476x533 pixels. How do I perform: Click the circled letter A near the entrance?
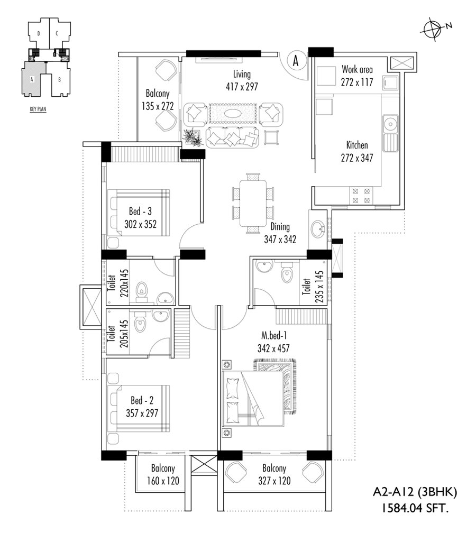(x=296, y=61)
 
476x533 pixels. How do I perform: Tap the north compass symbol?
(x=435, y=30)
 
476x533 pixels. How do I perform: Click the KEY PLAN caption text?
(x=38, y=109)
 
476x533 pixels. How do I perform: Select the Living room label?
(x=242, y=74)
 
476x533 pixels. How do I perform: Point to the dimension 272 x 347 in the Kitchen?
(x=357, y=158)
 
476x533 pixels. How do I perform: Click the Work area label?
(x=357, y=69)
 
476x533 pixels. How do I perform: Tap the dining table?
(x=253, y=203)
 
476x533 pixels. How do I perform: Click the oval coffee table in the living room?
(x=233, y=114)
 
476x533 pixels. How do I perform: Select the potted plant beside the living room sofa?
(x=193, y=137)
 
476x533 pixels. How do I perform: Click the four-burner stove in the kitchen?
(x=361, y=196)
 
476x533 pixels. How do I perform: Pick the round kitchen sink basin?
(x=390, y=122)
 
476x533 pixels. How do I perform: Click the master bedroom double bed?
(x=253, y=398)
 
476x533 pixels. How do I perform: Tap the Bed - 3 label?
(x=140, y=211)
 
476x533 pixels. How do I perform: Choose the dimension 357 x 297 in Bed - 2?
(x=142, y=413)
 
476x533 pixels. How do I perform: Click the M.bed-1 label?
(x=274, y=335)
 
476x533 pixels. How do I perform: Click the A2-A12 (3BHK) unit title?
(x=415, y=492)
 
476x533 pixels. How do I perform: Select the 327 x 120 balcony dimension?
(x=274, y=481)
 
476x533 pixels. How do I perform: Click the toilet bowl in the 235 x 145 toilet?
(x=287, y=274)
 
